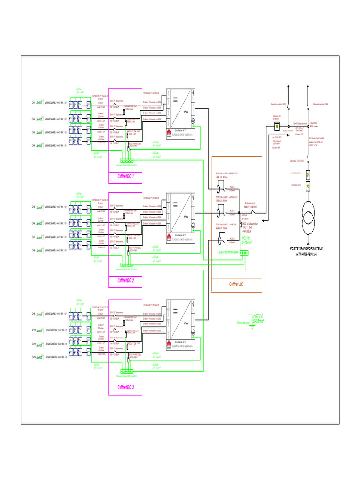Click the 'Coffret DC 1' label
click(x=125, y=177)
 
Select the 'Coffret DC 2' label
click(x=125, y=281)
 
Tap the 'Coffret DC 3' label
click(x=125, y=388)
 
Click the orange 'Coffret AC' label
click(x=236, y=285)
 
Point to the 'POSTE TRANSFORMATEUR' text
click(x=310, y=248)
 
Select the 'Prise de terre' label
click(x=244, y=322)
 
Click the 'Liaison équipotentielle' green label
click(x=228, y=253)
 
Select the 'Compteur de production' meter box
click(x=277, y=127)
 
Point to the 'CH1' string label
click(x=33, y=102)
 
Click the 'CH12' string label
click(x=33, y=358)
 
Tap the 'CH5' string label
click(x=33, y=207)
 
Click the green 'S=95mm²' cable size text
click(x=259, y=321)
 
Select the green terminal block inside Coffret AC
click(x=244, y=253)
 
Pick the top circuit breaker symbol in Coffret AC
click(x=219, y=188)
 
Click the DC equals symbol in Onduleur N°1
click(x=175, y=99)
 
